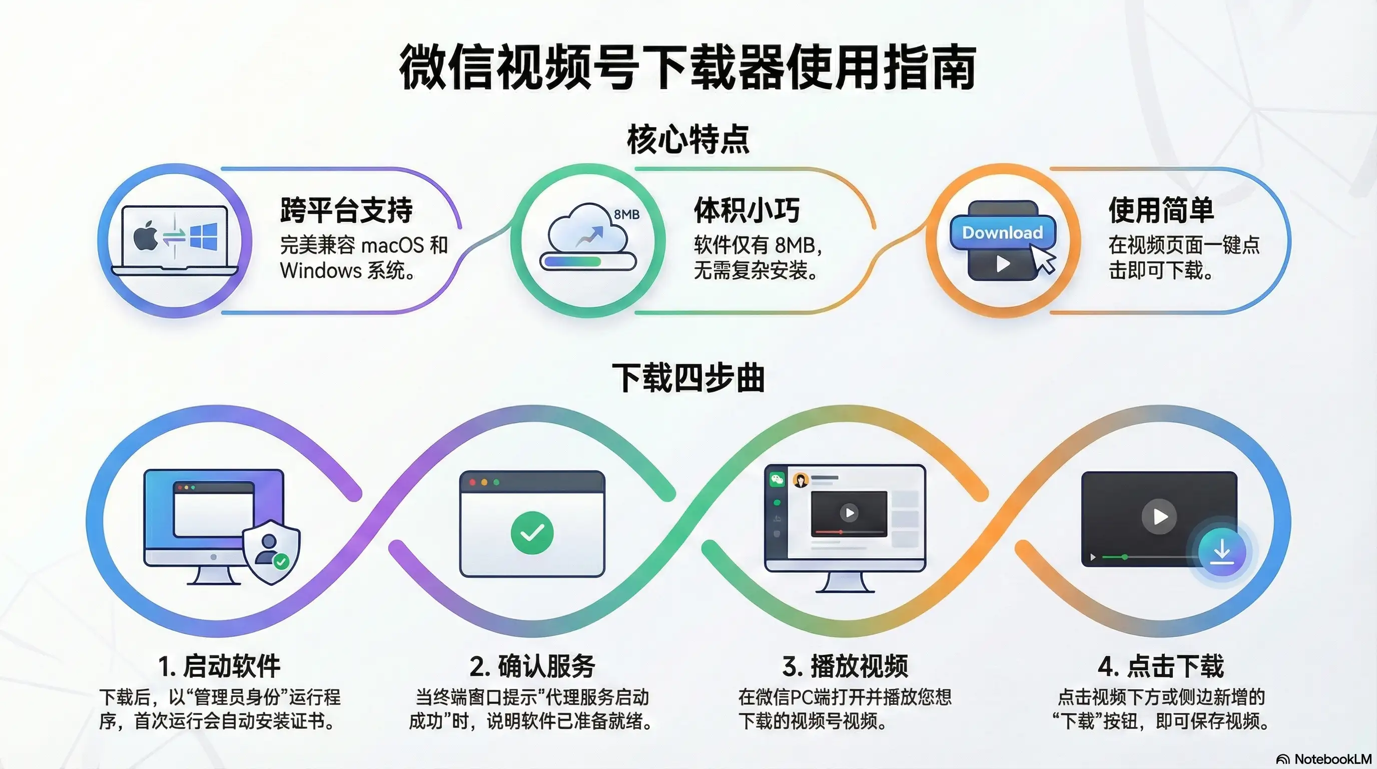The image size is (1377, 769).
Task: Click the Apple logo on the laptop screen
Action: pos(145,236)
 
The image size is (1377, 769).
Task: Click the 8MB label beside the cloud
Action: pos(626,214)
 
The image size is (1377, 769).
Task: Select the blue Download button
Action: pos(1002,233)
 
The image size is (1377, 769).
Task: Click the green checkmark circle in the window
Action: pos(532,532)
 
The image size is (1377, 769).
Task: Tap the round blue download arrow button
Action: pos(1222,552)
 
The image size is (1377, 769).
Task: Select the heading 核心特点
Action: pos(688,139)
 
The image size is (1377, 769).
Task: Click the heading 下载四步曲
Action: pos(688,377)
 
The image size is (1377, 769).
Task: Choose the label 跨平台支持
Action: pos(346,210)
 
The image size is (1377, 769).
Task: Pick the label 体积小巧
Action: pos(747,210)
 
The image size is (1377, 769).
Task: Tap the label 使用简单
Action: pos(1161,210)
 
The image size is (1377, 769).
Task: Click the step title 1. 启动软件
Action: pos(219,666)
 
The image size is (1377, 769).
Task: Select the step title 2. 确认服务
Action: pos(532,666)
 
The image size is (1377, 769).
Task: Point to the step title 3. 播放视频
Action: pos(845,666)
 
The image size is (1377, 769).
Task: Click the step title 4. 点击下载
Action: pos(1161,666)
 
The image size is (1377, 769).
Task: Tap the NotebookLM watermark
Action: pos(1323,759)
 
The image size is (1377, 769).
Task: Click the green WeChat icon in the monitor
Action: pos(777,479)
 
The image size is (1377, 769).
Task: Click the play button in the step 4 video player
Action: pos(1159,517)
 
